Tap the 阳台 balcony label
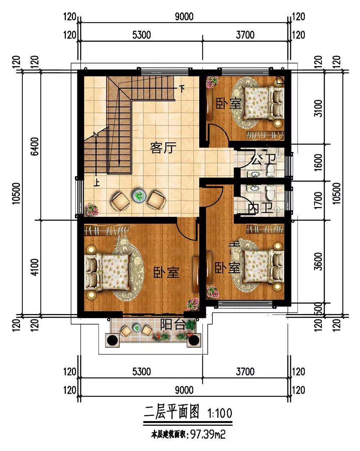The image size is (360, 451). click(x=173, y=325)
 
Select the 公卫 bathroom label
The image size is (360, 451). click(x=263, y=159)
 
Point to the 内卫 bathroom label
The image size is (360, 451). click(x=261, y=208)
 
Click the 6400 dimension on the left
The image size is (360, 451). click(x=35, y=146)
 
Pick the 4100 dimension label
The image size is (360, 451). click(x=35, y=267)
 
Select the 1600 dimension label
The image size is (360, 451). click(x=319, y=162)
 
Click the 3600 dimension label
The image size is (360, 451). click(x=319, y=262)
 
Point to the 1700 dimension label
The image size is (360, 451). click(x=319, y=200)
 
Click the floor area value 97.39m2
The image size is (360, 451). click(x=207, y=441)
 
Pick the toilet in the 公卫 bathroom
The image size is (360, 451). click(x=271, y=170)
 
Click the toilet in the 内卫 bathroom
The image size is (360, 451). click(x=271, y=192)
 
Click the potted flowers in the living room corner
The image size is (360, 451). click(x=91, y=209)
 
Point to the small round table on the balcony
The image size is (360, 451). click(x=137, y=327)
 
